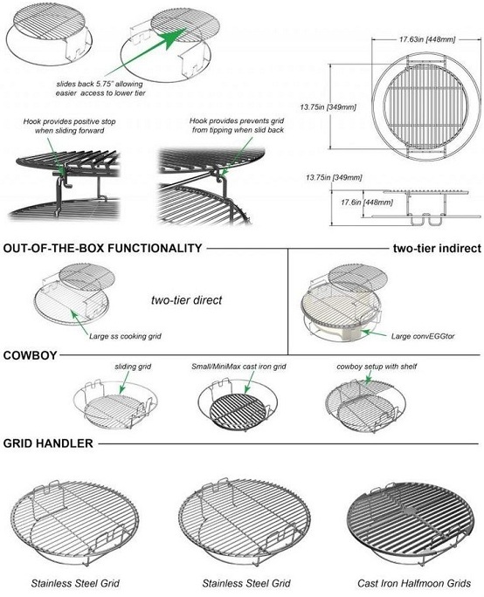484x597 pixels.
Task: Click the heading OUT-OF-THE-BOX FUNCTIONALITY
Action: pos(103,248)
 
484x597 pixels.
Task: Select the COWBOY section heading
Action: pos(30,354)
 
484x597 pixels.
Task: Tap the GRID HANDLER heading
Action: pos(48,443)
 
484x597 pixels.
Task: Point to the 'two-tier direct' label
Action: pos(186,300)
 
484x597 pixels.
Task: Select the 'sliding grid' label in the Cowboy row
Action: pos(131,367)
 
